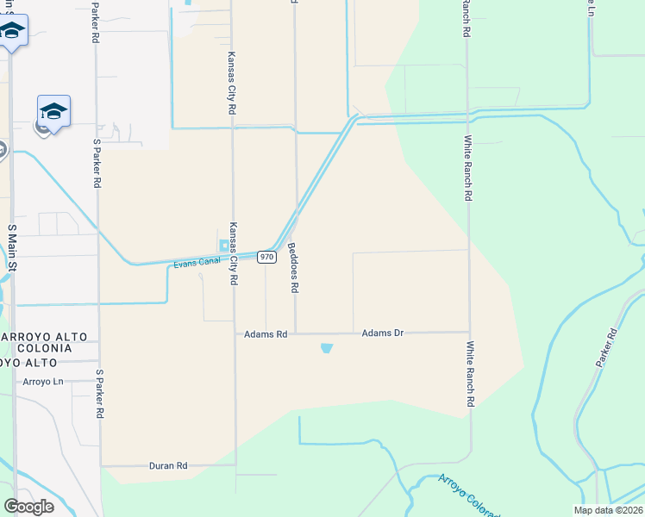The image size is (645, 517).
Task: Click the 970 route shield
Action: [x=266, y=257]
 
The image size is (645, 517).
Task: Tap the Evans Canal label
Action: [x=197, y=261]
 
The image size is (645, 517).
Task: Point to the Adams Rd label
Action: [x=265, y=333]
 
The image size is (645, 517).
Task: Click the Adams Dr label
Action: [x=383, y=332]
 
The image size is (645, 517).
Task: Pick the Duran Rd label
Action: [x=168, y=465]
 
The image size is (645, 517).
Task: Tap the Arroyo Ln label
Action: [x=43, y=381]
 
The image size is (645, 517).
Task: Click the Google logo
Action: [x=28, y=506]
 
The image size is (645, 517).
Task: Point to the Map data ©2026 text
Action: [x=608, y=510]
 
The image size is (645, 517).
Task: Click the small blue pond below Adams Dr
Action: [x=326, y=348]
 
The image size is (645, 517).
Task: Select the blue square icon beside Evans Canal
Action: [x=225, y=246]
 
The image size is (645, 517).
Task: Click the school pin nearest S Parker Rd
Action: [x=53, y=112]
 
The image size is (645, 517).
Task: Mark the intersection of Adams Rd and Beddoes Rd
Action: [x=296, y=333]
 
